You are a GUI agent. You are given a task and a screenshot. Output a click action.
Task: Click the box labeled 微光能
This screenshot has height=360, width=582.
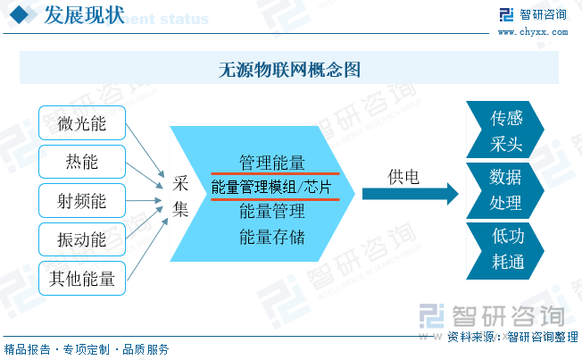point(82,123)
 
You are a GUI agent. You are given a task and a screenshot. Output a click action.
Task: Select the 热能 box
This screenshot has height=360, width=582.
point(82,162)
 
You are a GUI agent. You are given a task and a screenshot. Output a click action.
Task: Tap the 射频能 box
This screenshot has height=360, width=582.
point(82,201)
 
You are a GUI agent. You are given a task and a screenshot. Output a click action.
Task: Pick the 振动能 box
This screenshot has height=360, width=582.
point(82,239)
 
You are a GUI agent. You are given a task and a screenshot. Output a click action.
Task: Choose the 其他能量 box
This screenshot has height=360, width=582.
point(82,279)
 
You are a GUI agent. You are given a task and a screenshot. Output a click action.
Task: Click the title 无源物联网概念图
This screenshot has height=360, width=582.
point(289,69)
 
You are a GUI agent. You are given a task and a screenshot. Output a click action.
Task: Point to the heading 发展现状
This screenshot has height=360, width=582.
point(84,15)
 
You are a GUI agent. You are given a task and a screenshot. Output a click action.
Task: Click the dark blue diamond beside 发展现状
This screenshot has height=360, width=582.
point(20,15)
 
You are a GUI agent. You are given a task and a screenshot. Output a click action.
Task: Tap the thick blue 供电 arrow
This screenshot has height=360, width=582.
point(411,194)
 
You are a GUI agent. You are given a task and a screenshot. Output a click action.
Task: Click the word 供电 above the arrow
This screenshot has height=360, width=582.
point(403,177)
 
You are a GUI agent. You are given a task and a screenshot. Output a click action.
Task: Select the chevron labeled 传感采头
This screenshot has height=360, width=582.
point(505,130)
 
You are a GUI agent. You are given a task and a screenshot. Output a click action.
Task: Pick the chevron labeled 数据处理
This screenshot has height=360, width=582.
point(505,190)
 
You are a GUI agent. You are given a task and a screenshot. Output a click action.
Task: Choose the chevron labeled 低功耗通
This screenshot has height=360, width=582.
point(505,250)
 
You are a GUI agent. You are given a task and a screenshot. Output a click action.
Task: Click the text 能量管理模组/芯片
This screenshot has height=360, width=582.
point(271,187)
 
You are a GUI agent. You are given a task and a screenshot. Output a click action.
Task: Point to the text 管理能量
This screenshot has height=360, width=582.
point(272,163)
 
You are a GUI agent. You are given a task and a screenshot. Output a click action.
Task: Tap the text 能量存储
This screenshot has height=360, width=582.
point(272,237)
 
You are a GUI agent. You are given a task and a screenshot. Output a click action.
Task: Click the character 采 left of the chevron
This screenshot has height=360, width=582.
point(180,183)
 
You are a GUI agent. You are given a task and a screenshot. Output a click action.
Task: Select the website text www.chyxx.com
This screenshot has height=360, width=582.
point(533,32)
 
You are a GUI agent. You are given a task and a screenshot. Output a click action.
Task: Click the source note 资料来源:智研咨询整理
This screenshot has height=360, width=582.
point(512,337)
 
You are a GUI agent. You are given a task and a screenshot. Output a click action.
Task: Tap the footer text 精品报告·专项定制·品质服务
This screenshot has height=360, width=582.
point(87,349)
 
